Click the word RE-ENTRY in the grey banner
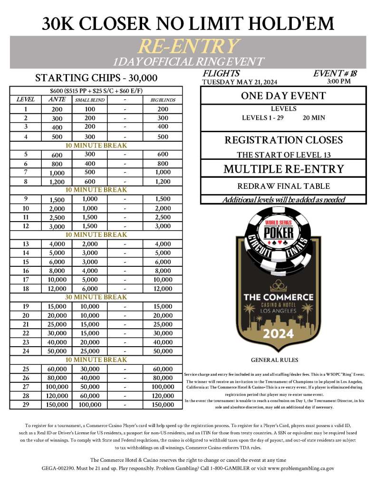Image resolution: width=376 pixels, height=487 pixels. pyautogui.click(x=188, y=46)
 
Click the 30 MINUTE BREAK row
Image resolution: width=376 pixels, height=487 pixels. pyautogui.click(x=96, y=297)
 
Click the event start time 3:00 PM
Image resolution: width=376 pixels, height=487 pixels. pyautogui.click(x=339, y=81)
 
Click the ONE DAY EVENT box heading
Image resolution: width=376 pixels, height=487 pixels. pyautogui.click(x=283, y=96)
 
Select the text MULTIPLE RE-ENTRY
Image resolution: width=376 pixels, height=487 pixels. pyautogui.click(x=283, y=169)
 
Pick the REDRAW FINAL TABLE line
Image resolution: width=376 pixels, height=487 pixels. pyautogui.click(x=283, y=186)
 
